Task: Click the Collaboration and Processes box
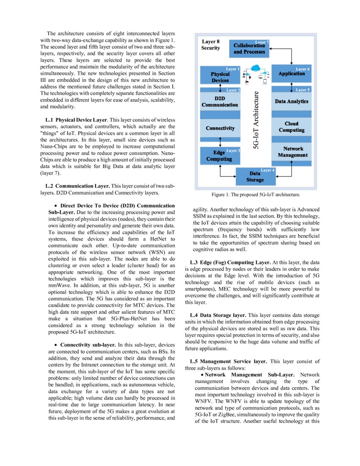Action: pyautogui.click(x=249, y=49)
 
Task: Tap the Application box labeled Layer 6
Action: pyautogui.click(x=291, y=73)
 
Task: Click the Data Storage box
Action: pyautogui.click(x=255, y=177)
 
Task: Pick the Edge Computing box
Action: pyautogui.click(x=219, y=155)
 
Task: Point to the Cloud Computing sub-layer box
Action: pyautogui.click(x=291, y=127)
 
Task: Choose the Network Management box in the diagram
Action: pyautogui.click(x=292, y=152)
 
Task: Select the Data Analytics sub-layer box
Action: pyautogui.click(x=291, y=102)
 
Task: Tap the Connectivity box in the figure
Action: pyautogui.click(x=220, y=128)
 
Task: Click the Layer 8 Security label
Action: pyautogui.click(x=210, y=45)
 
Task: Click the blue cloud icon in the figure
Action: pyautogui.click(x=255, y=68)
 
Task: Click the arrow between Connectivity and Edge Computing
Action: pyautogui.click(x=220, y=142)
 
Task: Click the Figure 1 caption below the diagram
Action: pyautogui.click(x=255, y=195)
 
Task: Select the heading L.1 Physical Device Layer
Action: pyautogui.click(x=79, y=120)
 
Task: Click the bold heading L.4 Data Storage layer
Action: pyautogui.click(x=218, y=315)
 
